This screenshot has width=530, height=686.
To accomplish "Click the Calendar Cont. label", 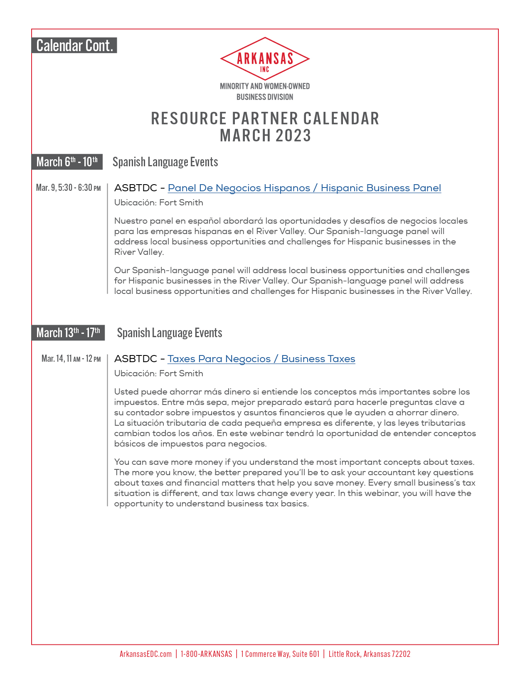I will [x=74, y=45].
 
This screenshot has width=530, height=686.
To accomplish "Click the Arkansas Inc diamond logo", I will [x=265, y=59].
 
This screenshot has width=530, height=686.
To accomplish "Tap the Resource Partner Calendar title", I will [x=265, y=118].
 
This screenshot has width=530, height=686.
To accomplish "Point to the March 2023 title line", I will [x=265, y=136].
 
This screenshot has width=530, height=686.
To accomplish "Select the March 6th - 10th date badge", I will [x=67, y=162].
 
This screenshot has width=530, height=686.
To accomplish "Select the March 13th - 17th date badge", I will [x=68, y=333].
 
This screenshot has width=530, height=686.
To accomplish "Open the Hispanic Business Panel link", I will [x=304, y=188].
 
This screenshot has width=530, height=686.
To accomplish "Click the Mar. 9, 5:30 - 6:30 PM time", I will [x=68, y=188].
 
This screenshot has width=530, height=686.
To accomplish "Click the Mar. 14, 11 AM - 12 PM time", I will [x=71, y=358].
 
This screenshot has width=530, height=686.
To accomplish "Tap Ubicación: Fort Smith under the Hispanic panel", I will [x=158, y=202].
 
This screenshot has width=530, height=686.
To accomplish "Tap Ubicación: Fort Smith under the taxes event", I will [x=158, y=373].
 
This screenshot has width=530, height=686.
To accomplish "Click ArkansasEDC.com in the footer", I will [x=145, y=654].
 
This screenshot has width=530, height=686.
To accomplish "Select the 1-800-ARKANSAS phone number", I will [x=206, y=654].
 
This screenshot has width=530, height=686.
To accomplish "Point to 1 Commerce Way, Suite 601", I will [x=280, y=654].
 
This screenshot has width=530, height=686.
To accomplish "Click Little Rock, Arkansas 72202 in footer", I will [x=369, y=654].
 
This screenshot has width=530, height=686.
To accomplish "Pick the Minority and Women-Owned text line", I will [x=265, y=86].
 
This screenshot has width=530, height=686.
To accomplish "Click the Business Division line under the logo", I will [x=265, y=97].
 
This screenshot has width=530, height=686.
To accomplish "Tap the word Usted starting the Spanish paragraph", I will [x=126, y=392].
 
